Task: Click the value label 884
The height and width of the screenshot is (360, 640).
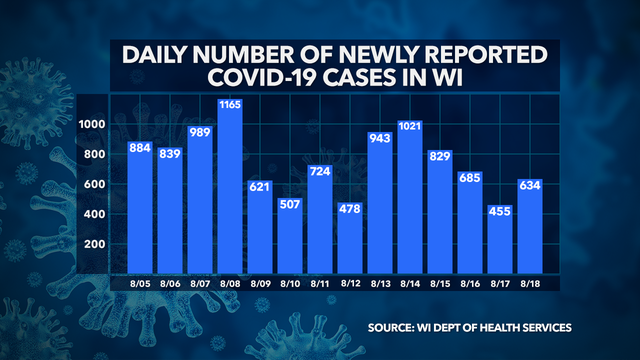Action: coord(140,148)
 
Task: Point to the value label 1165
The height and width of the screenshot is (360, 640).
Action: coord(230,105)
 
